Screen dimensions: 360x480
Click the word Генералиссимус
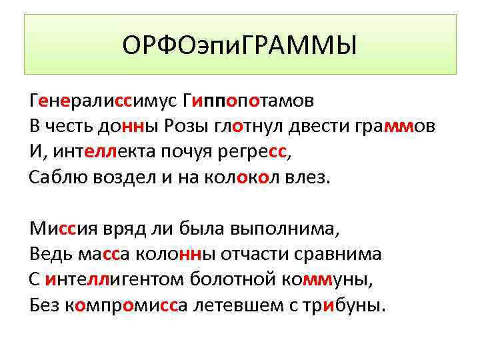click(101, 101)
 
